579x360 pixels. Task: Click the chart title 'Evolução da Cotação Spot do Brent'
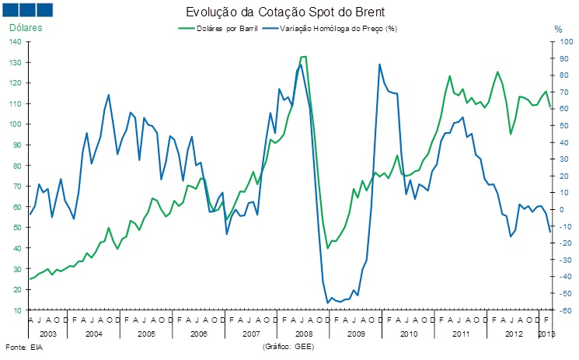[x=284, y=12]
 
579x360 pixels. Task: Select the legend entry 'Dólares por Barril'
[x=220, y=28]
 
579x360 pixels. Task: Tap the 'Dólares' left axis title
[x=26, y=28]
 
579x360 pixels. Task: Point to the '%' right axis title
[x=557, y=29]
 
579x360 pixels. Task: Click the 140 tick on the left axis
[x=16, y=41]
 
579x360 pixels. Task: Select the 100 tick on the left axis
[x=16, y=124]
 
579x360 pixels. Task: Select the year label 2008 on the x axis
[x=304, y=334]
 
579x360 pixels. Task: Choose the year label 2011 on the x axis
[x=462, y=334]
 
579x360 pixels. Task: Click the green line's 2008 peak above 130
[x=303, y=57]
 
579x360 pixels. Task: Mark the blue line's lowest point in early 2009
[x=328, y=302]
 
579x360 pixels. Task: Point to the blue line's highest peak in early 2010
[x=379, y=65]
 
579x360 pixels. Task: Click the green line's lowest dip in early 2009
[x=328, y=248]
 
